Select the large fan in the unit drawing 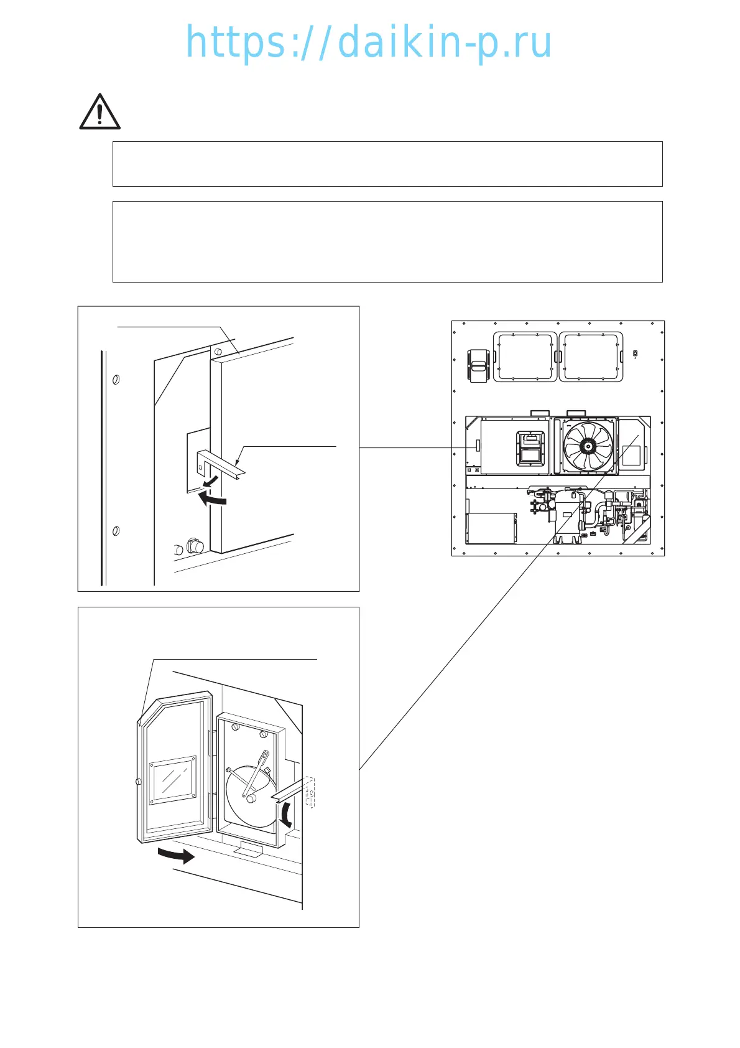(588, 446)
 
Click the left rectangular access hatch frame (524, 357)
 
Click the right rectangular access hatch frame (591, 357)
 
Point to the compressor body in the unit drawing (569, 513)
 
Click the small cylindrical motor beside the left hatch (478, 366)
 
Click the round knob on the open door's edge (138, 782)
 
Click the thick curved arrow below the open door (177, 856)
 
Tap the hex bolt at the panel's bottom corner (195, 546)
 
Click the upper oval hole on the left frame (116, 379)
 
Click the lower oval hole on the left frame (115, 531)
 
